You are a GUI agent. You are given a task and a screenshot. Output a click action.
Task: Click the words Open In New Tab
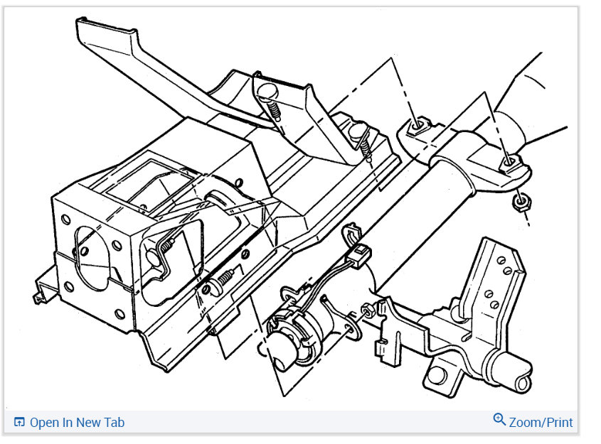tap(77, 423)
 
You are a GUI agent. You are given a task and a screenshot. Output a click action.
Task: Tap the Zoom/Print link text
tap(541, 423)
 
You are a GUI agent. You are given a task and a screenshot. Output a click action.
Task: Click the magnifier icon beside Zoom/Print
tap(499, 420)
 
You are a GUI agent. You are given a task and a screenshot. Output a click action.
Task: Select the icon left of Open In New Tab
tap(19, 422)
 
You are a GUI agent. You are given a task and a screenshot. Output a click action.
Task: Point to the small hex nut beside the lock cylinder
tap(367, 310)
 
